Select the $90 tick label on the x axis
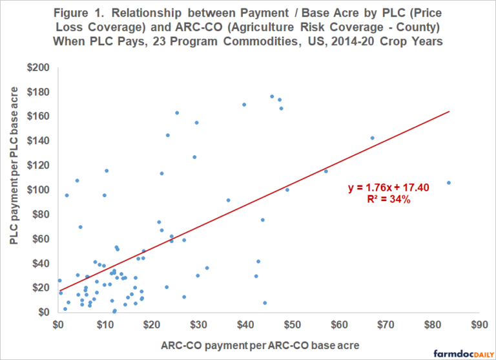click(479, 323)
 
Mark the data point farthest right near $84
click(449, 182)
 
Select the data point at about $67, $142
click(372, 138)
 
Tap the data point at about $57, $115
click(325, 171)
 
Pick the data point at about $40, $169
click(244, 105)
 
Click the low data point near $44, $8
click(265, 302)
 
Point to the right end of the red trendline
click(449, 111)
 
